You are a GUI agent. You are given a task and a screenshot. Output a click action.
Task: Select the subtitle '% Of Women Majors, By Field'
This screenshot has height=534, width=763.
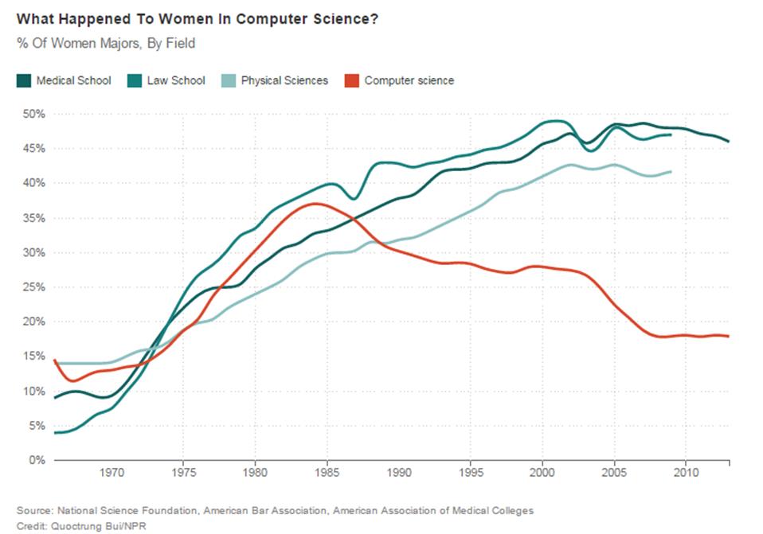tap(105, 44)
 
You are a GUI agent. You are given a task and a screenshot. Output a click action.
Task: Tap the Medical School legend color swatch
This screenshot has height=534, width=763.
tap(24, 80)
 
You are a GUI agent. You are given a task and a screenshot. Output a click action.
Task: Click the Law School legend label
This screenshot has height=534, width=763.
tap(176, 80)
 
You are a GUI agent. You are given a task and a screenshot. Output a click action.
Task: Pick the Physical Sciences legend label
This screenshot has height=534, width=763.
tap(284, 80)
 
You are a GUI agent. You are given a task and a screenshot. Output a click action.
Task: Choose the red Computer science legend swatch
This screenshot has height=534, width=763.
tap(350, 80)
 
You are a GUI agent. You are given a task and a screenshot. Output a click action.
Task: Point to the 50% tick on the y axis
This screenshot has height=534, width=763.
tap(33, 114)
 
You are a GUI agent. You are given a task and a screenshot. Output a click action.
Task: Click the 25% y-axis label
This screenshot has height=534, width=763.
tap(33, 287)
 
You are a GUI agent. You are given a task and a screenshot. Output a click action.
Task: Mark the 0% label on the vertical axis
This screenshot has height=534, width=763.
tap(37, 460)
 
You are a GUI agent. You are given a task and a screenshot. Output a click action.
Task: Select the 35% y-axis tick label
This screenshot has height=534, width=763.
tap(33, 218)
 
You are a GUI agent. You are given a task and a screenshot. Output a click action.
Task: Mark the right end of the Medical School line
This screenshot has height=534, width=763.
tap(728, 142)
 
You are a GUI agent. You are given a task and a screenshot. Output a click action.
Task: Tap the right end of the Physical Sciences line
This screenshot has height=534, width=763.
tap(671, 172)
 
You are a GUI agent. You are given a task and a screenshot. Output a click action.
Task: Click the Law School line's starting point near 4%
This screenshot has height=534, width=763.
tap(55, 432)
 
